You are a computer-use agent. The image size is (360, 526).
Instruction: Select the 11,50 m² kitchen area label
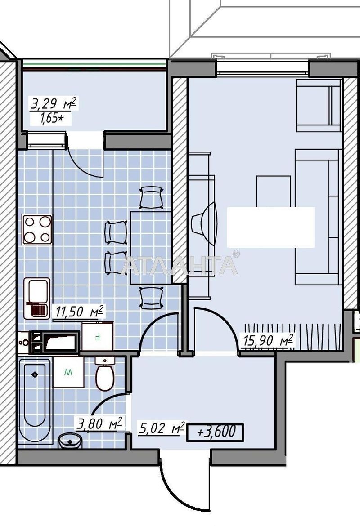pyautogui.click(x=78, y=311)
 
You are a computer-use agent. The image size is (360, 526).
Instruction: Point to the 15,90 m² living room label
pyautogui.click(x=268, y=340)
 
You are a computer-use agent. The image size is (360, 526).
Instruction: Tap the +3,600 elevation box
pyautogui.click(x=215, y=432)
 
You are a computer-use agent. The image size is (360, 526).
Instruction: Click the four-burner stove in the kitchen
pyautogui.click(x=37, y=229)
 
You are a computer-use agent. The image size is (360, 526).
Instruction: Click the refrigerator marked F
pyautogui.click(x=97, y=335)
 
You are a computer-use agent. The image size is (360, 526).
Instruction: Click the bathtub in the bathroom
pyautogui.click(x=35, y=396)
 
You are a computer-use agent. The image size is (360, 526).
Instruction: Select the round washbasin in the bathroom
pyautogui.click(x=70, y=441)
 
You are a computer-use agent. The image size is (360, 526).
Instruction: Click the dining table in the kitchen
pyautogui.click(x=151, y=248)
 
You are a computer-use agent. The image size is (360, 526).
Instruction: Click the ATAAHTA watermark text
pyautogui.click(x=180, y=266)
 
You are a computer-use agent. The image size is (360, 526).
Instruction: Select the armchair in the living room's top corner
pyautogui.click(x=318, y=105)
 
